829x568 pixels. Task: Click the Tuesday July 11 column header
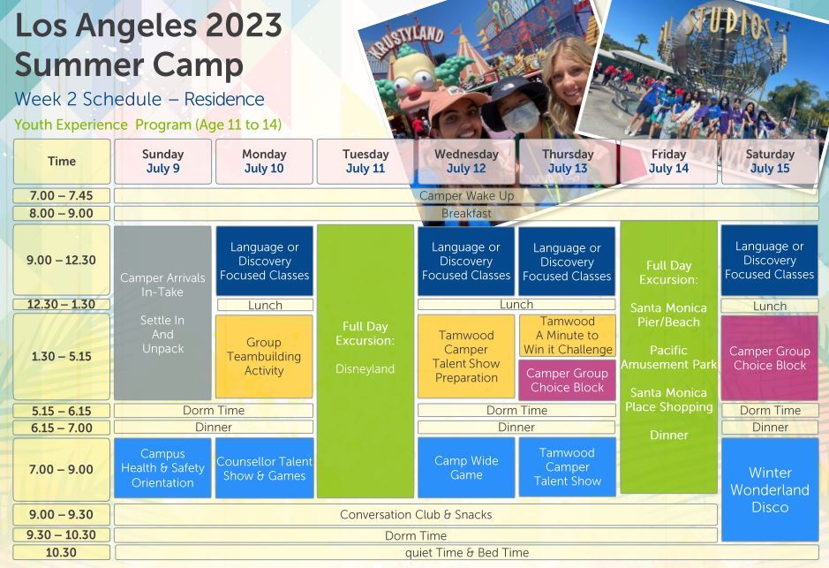[x=366, y=162]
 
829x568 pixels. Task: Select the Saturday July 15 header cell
[x=770, y=162]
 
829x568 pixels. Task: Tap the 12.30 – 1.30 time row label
[x=61, y=305]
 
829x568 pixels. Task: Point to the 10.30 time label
[x=61, y=553]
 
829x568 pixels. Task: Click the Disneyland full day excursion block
[x=366, y=361]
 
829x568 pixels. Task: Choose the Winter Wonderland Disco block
[x=770, y=489]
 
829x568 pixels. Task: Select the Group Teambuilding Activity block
[x=264, y=357]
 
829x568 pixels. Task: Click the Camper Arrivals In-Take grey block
[x=162, y=313]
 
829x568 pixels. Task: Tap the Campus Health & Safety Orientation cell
[x=162, y=468]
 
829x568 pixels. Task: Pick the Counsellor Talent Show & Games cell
[x=264, y=468]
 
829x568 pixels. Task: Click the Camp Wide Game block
[x=466, y=467]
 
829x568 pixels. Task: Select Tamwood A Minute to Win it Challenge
[x=568, y=336]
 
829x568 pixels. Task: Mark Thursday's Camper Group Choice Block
[x=568, y=380]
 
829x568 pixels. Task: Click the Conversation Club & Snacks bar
[x=416, y=515]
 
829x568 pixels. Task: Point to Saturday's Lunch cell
[x=770, y=306]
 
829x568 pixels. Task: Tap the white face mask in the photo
[x=521, y=117]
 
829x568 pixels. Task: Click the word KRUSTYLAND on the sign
[x=406, y=42]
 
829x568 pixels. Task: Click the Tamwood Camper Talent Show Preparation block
[x=466, y=357]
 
